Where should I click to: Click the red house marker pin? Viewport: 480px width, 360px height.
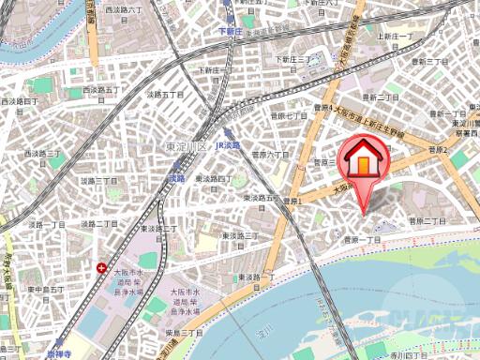click(x=365, y=161)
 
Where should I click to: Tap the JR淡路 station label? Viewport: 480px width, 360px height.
click(x=228, y=145)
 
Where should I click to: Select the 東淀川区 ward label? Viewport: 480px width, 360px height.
click(x=186, y=146)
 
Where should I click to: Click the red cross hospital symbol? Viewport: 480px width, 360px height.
click(x=101, y=268)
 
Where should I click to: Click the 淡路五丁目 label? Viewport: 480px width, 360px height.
click(x=165, y=95)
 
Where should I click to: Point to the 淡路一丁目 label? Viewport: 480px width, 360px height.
click(x=47, y=225)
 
